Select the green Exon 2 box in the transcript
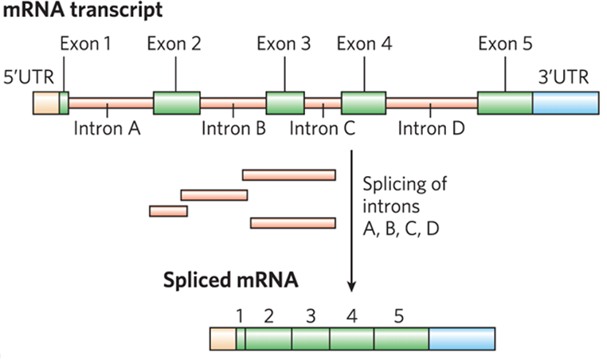pyautogui.click(x=176, y=104)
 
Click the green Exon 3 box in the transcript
pyautogui.click(x=284, y=104)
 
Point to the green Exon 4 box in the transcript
pyautogui.click(x=363, y=104)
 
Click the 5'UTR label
pyautogui.click(x=28, y=79)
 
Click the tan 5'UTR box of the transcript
pyautogui.click(x=45, y=104)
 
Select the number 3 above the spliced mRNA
pyautogui.click(x=310, y=316)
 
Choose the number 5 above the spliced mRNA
pyautogui.click(x=398, y=316)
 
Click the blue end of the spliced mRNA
pyautogui.click(x=461, y=338)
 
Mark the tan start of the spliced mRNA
pyautogui.click(x=222, y=338)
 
